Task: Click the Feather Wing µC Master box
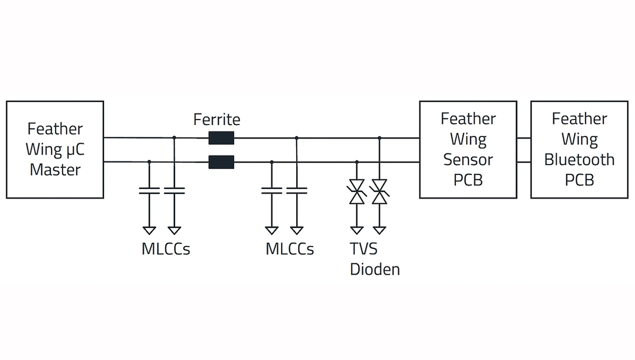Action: coord(55,149)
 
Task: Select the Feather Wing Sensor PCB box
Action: coord(468,149)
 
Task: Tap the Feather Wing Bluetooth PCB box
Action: coord(579,149)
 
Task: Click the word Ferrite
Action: coord(217,120)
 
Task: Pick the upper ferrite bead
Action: coord(221,138)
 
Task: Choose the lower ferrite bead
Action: coord(221,162)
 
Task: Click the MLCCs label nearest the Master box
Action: coord(166,248)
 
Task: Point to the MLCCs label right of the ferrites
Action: coord(290,248)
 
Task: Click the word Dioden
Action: coord(375,269)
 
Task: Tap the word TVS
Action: coord(364,248)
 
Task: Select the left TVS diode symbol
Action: coord(357,191)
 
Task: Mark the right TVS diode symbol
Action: coord(380,191)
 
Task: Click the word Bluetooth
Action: coord(579,160)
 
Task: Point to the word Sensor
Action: coord(468,160)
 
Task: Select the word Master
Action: coord(55,170)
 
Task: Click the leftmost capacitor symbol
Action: coord(149,190)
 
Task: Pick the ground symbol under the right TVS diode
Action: coord(380,230)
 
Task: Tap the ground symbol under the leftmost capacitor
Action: coord(149,230)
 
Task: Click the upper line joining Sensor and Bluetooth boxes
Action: coord(523,138)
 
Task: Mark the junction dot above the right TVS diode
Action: coord(380,138)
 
